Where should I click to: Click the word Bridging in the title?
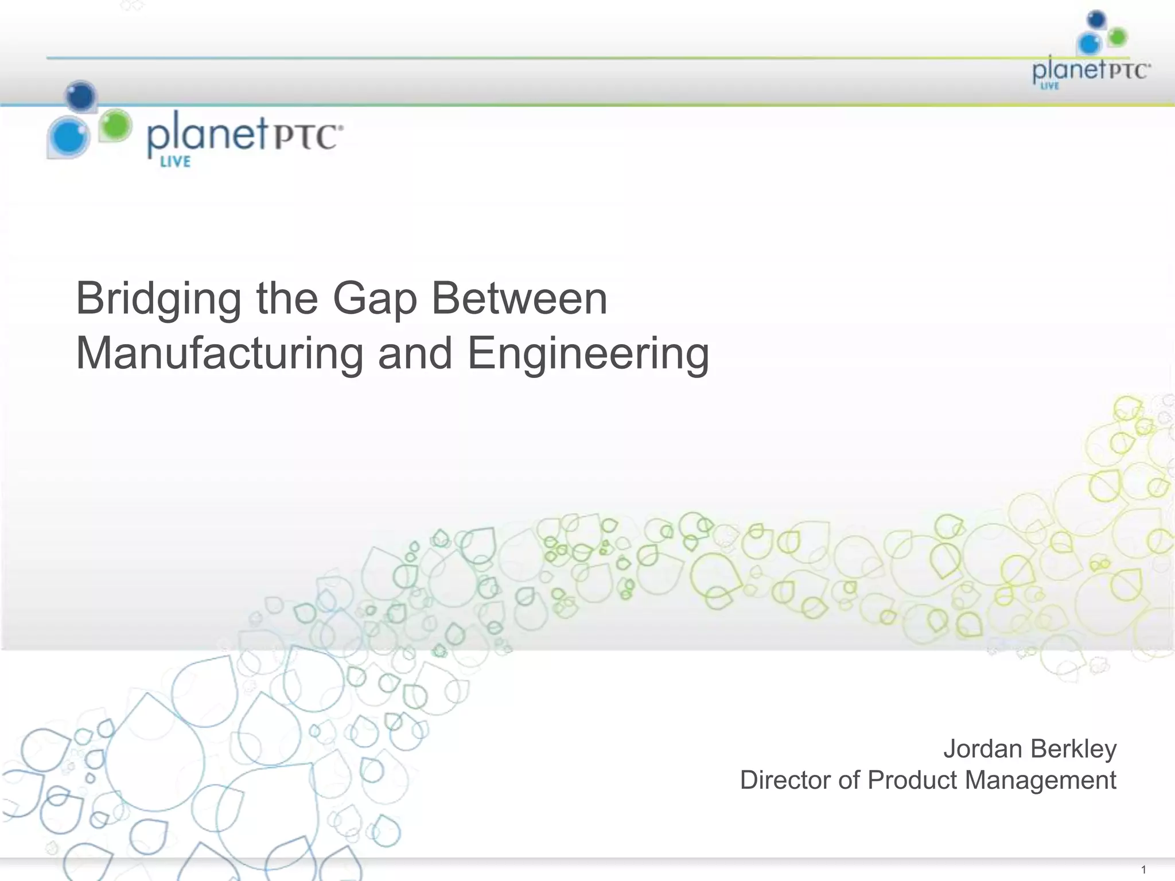click(158, 300)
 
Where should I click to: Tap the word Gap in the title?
click(375, 300)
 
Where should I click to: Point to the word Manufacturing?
click(220, 354)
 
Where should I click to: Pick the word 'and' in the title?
click(415, 354)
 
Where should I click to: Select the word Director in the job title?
click(786, 780)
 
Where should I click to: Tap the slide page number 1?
click(1143, 870)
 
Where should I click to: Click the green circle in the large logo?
click(116, 125)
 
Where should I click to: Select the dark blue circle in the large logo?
click(81, 97)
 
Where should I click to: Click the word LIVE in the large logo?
click(175, 162)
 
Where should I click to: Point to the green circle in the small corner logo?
click(1116, 38)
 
